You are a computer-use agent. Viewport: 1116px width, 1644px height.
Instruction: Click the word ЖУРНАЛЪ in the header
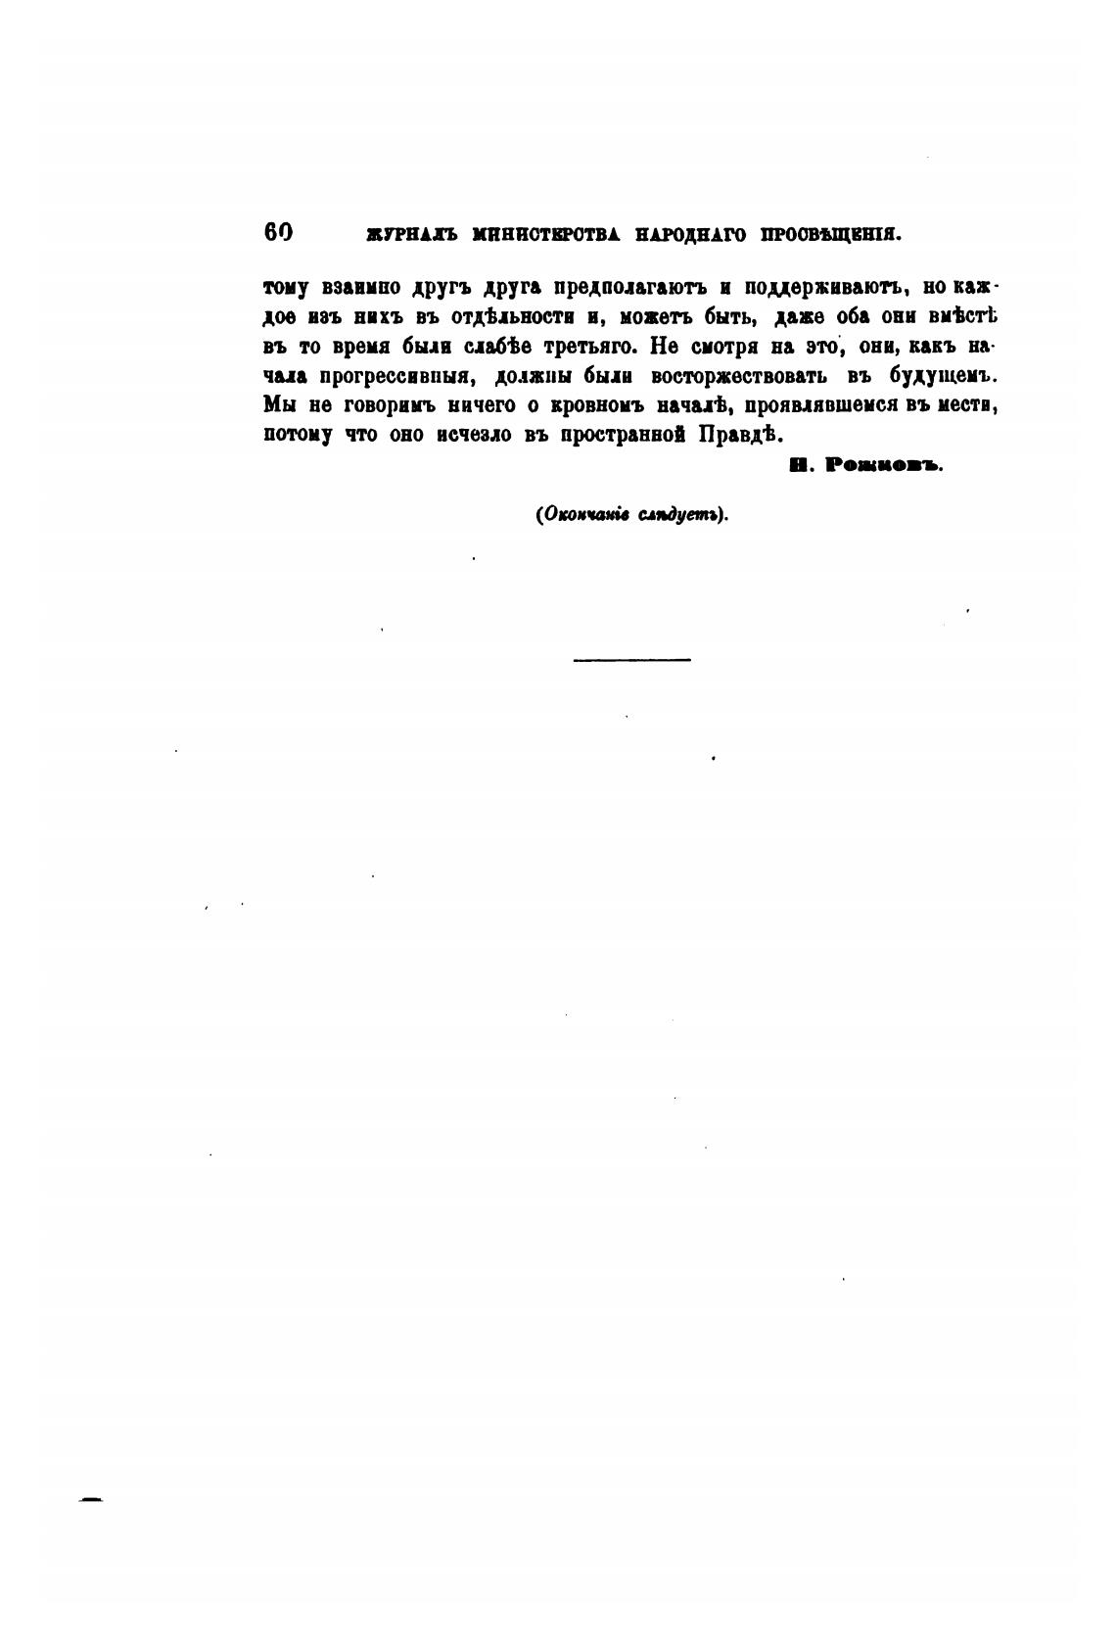(x=411, y=235)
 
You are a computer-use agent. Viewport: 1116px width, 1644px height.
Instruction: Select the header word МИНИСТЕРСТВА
(x=549, y=235)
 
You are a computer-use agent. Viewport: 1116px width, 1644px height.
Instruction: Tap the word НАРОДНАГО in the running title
(x=690, y=235)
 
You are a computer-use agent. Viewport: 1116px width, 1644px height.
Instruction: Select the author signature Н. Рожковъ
(x=864, y=467)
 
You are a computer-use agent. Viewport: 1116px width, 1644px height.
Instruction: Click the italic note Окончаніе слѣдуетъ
(x=631, y=515)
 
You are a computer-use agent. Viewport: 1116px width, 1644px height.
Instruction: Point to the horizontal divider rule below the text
(x=631, y=660)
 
